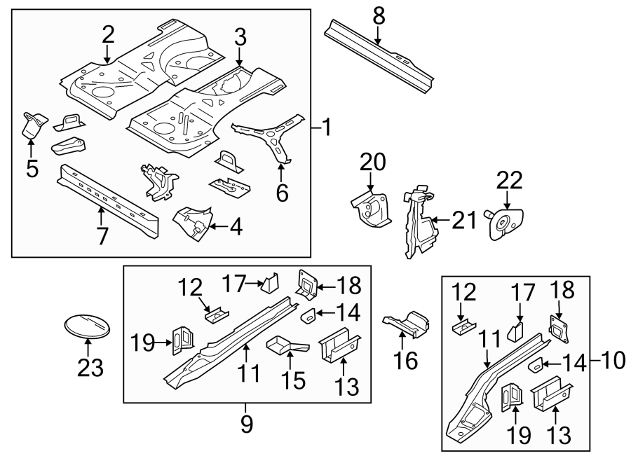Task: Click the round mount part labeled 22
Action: click(x=504, y=224)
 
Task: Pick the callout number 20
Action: click(x=373, y=162)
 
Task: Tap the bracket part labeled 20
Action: click(x=371, y=209)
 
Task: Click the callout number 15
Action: click(x=294, y=380)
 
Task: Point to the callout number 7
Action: click(x=102, y=235)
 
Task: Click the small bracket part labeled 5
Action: click(x=32, y=125)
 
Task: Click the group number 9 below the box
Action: click(x=247, y=424)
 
